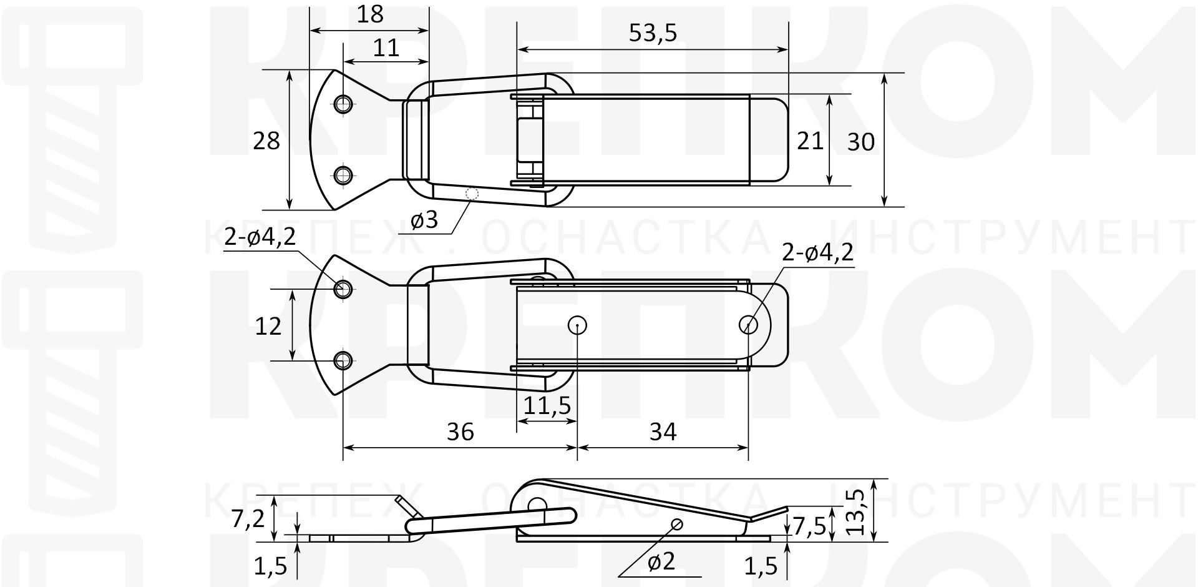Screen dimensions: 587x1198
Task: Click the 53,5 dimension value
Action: pyautogui.click(x=652, y=33)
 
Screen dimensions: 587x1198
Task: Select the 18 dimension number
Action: pyautogui.click(x=370, y=14)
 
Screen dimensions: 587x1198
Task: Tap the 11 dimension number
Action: pyautogui.click(x=386, y=48)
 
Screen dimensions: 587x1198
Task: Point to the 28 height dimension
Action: pyautogui.click(x=266, y=141)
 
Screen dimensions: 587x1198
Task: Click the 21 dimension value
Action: pyautogui.click(x=810, y=141)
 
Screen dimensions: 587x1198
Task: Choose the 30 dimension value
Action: pyautogui.click(x=861, y=142)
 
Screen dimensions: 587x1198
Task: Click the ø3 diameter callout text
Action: pyautogui.click(x=424, y=220)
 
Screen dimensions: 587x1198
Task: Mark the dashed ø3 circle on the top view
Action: pyautogui.click(x=472, y=194)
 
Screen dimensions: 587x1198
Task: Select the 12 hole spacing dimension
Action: pyautogui.click(x=268, y=325)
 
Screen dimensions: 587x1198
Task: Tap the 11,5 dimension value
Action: pyautogui.click(x=547, y=406)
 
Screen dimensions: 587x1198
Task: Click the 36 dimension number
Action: pyautogui.click(x=460, y=432)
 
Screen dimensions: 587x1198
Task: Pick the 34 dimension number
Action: pyautogui.click(x=663, y=432)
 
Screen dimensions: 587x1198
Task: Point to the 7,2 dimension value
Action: pyautogui.click(x=248, y=518)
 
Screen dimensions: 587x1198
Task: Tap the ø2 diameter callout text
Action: pyautogui.click(x=661, y=562)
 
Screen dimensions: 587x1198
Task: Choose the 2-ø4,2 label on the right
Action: pyautogui.click(x=817, y=253)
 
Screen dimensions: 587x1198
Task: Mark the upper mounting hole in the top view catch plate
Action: pyautogui.click(x=343, y=104)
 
